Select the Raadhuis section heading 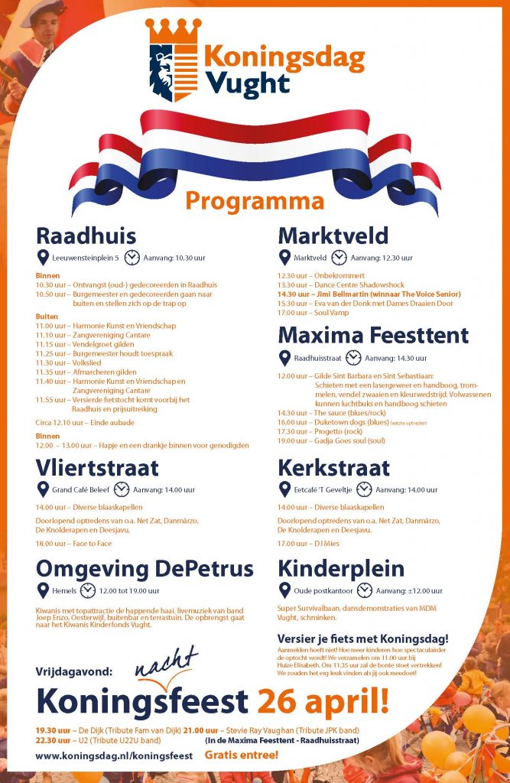[86, 235]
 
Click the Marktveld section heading [333, 235]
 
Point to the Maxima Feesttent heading [373, 335]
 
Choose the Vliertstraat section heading [97, 467]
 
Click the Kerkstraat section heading [334, 467]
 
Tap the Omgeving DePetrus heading [145, 568]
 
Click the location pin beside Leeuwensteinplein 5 [43, 258]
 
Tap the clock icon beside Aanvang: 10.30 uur [132, 258]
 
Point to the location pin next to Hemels [43, 590]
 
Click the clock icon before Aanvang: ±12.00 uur [365, 590]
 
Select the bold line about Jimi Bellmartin [369, 294]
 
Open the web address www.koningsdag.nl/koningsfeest [114, 755]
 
